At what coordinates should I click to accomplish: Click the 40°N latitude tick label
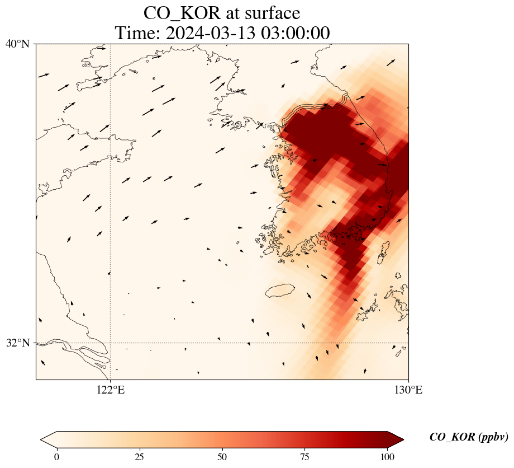[x=17, y=44]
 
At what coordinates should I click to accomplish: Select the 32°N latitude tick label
[x=17, y=343]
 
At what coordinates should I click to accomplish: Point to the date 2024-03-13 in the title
[x=210, y=33]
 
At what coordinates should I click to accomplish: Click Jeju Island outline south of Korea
[x=280, y=291]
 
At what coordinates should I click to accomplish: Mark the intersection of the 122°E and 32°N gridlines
[x=111, y=343]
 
